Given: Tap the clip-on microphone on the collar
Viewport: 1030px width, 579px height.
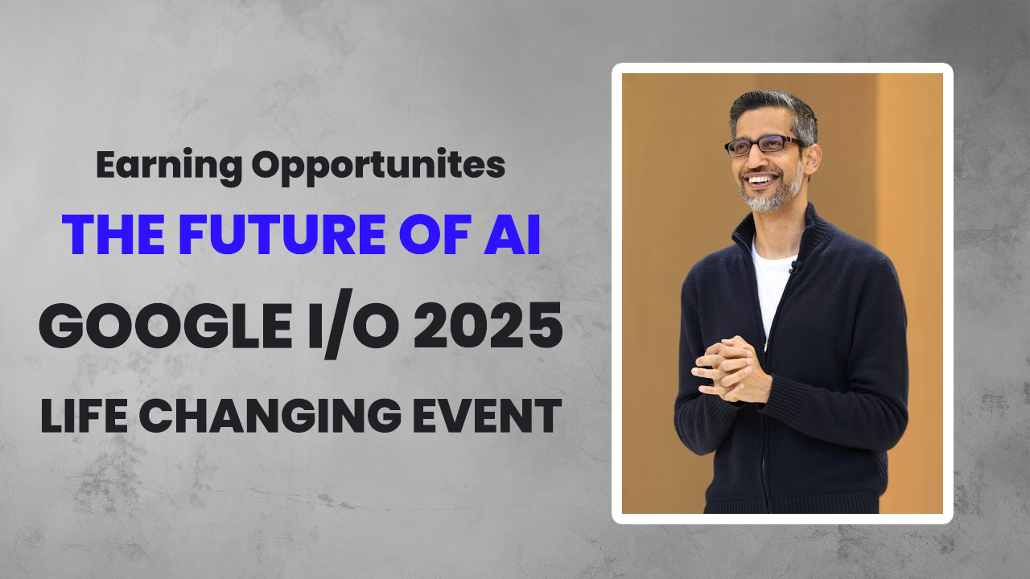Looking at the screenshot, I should coord(794,265).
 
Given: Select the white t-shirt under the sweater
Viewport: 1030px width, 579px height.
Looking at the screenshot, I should coord(768,281).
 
